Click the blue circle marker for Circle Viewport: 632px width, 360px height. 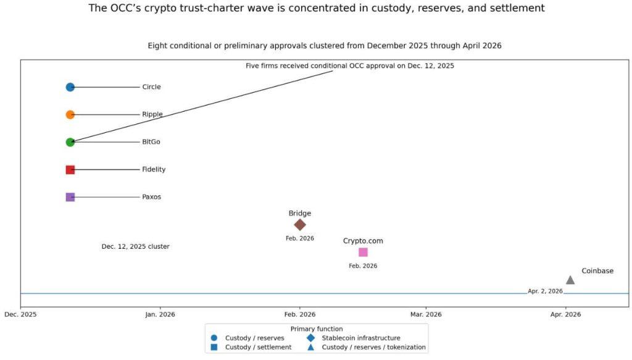point(70,87)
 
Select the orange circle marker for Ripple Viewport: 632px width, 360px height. point(70,114)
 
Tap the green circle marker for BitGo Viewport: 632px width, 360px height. point(70,142)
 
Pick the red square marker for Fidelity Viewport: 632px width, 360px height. point(70,169)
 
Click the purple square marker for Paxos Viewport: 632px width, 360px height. point(70,197)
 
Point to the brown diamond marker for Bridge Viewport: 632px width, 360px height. point(300,225)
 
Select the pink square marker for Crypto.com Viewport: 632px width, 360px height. point(363,252)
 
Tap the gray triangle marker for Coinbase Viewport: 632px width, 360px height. point(570,280)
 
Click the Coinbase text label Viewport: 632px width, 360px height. point(597,270)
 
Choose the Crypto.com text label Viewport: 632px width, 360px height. point(363,241)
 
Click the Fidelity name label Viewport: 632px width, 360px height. point(154,169)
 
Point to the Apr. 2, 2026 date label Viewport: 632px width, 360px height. point(545,291)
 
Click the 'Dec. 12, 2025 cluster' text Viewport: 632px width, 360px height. point(135,246)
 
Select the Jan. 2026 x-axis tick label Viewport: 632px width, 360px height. point(160,314)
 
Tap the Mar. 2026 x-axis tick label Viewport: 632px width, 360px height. point(426,314)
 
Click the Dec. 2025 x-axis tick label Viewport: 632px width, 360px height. point(20,314)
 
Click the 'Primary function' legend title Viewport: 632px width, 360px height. point(317,329)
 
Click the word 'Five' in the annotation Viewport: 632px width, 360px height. point(254,65)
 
